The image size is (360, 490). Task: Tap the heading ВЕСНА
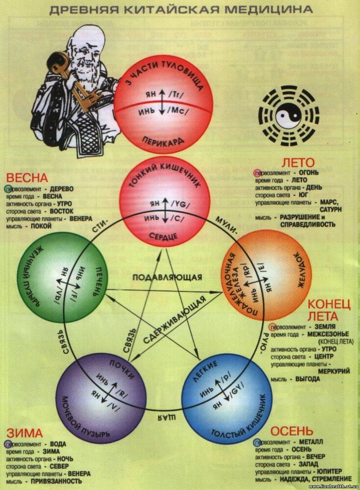pyautogui.click(x=27, y=178)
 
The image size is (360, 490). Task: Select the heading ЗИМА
pyautogui.click(x=24, y=433)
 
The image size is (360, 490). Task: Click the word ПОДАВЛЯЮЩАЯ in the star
pyautogui.click(x=167, y=277)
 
